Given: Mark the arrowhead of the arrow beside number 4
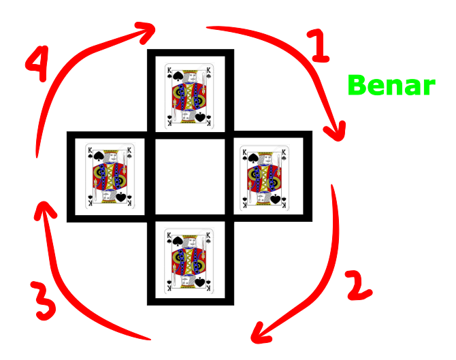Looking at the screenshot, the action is click(x=150, y=29).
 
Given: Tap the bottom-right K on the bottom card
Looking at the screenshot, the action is click(x=208, y=289).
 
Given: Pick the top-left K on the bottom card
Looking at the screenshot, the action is click(x=169, y=234).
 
